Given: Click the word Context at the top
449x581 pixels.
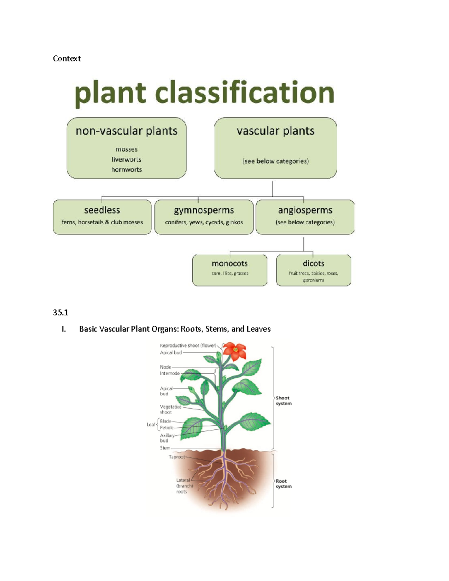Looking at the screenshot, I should point(67,58).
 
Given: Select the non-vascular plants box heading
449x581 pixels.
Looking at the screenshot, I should point(126,131).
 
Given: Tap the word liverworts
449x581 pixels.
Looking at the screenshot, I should point(126,159).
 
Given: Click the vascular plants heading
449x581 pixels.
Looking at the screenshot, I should point(275,131).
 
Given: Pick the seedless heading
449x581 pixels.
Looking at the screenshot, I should point(102,210).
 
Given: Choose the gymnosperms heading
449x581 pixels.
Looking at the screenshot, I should point(204,210).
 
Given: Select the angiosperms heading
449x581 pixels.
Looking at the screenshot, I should point(305,210).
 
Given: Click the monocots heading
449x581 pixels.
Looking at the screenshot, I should point(230,263).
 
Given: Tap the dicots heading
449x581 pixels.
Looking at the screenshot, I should point(314,263).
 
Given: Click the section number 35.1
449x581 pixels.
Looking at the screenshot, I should point(61,312).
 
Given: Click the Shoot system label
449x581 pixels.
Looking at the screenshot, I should point(283,401).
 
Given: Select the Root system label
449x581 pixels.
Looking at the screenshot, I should point(283,484).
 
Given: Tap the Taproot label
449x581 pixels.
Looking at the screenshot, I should point(177,457).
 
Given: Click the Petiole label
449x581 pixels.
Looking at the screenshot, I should point(167,428).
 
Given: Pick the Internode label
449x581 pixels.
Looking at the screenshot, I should point(170,373).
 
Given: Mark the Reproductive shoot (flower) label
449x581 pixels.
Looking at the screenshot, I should point(188,346).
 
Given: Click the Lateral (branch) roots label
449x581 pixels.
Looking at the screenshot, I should point(184,486).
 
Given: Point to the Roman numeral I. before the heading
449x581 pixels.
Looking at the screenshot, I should point(64,329).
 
